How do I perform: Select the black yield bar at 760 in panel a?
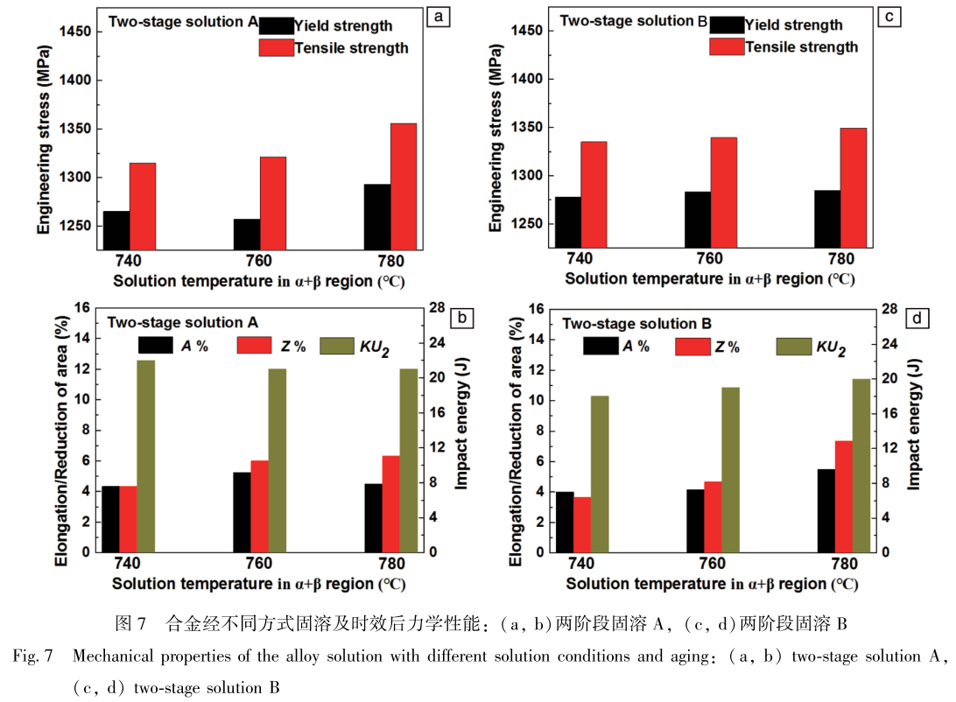point(247,235)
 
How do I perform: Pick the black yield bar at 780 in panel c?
point(827,220)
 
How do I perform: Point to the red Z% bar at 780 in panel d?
point(844,496)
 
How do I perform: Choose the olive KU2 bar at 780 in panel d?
point(862,466)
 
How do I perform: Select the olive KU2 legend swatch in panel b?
point(335,346)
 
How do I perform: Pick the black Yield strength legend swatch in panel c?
point(727,25)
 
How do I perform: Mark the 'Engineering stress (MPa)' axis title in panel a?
point(43,151)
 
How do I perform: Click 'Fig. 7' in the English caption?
point(34,656)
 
